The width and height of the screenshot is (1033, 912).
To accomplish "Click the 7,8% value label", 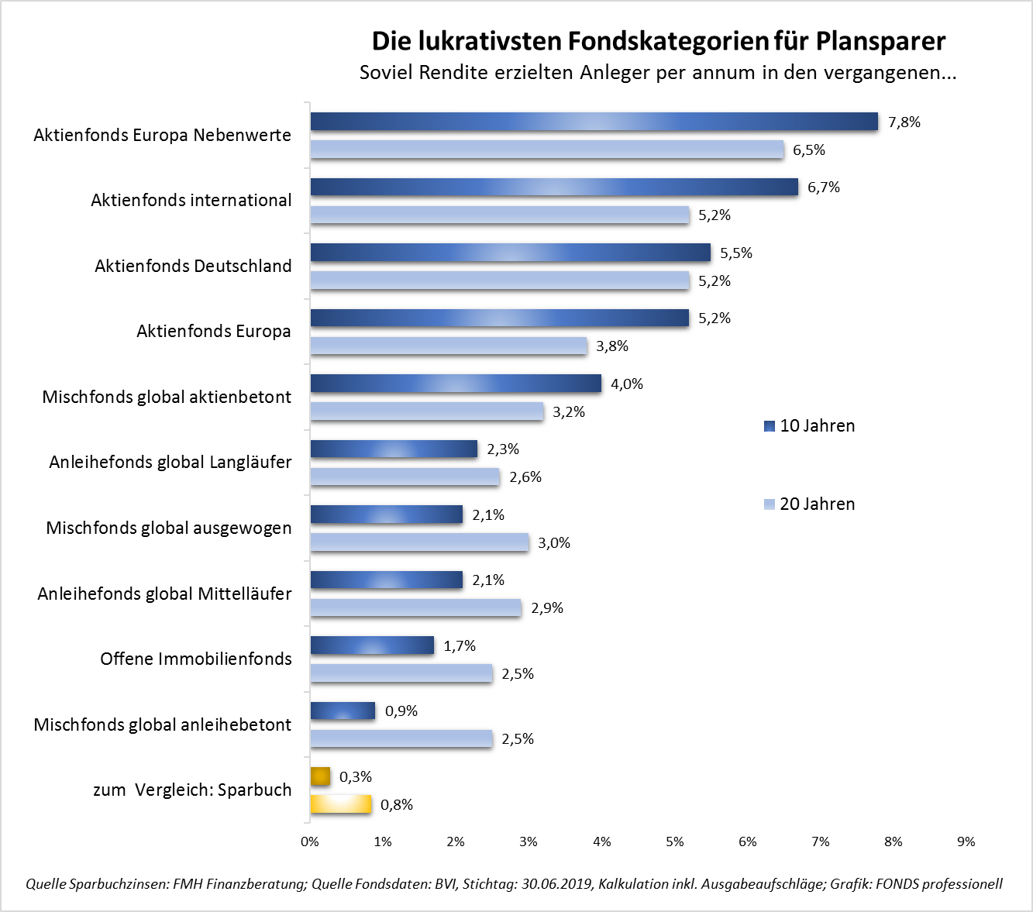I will (x=904, y=122).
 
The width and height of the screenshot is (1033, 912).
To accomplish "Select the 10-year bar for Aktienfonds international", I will (x=554, y=187).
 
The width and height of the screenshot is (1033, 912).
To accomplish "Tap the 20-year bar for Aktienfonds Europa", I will (x=449, y=346).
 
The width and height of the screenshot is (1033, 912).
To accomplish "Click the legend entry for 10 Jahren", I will (x=809, y=425).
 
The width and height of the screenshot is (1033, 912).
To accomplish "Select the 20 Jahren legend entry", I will (x=809, y=504).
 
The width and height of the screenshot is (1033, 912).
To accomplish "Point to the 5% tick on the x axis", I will (x=675, y=841).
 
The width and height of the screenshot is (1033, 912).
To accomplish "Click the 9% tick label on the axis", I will (x=966, y=841).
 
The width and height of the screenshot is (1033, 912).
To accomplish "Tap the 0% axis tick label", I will (x=310, y=841).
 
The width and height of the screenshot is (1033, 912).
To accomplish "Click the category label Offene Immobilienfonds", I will (x=196, y=659).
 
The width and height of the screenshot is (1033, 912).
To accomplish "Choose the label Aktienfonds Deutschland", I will (x=193, y=266).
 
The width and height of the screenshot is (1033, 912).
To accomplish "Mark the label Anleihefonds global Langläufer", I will (x=170, y=462).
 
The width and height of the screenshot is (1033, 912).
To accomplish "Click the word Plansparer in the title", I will (x=880, y=41).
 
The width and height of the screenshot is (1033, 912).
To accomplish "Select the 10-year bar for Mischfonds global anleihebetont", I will (x=343, y=711).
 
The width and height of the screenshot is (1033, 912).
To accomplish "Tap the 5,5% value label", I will (x=736, y=253).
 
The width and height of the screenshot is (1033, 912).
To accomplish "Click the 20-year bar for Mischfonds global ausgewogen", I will (x=419, y=542).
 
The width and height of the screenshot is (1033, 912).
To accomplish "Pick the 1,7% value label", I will (x=460, y=646).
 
